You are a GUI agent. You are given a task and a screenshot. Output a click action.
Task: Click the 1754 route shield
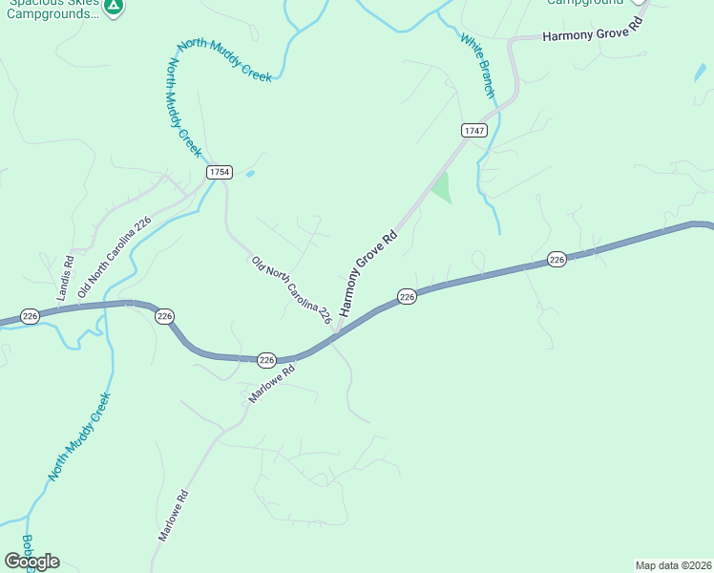(x=219, y=171)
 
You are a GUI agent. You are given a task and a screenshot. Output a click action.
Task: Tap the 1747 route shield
(x=473, y=130)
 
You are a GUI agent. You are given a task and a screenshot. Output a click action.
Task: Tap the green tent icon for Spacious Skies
(x=114, y=6)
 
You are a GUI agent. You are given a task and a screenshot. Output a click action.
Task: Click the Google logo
(x=31, y=562)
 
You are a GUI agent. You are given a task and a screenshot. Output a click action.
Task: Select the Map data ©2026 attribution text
(x=673, y=565)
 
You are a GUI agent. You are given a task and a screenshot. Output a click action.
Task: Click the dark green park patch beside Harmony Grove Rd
(x=440, y=187)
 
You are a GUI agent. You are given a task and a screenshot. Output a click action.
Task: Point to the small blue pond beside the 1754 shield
(x=250, y=174)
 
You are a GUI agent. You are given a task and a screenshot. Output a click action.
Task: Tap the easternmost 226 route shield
(x=557, y=260)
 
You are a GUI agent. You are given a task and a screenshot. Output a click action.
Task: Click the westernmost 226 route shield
(x=30, y=316)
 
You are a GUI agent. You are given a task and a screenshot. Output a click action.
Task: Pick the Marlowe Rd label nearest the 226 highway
(x=271, y=381)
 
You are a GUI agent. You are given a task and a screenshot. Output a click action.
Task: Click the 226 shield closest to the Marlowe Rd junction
(x=266, y=360)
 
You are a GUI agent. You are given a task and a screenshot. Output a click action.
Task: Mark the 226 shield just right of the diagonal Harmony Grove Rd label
(x=407, y=297)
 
